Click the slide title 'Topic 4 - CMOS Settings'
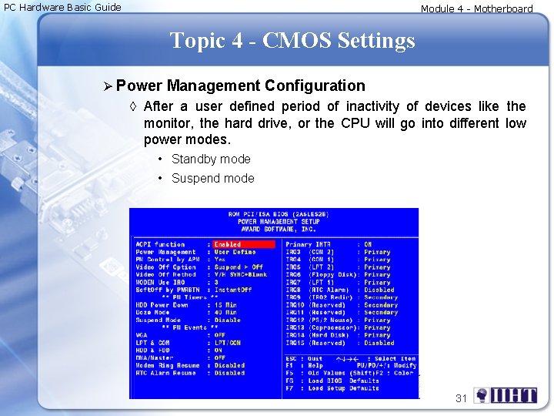click(x=292, y=40)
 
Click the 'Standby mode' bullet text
click(x=211, y=159)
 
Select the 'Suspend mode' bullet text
click(x=212, y=178)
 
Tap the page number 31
click(x=462, y=398)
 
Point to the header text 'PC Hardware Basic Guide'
click(x=62, y=7)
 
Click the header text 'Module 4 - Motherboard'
click(x=476, y=8)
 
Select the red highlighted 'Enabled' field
click(x=243, y=245)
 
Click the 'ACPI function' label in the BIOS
click(x=161, y=245)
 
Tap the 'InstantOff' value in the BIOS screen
click(x=233, y=290)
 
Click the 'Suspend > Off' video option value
click(x=239, y=267)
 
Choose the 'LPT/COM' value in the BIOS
click(x=228, y=343)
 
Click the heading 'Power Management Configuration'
click(x=241, y=86)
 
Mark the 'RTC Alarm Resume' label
click(x=166, y=373)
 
